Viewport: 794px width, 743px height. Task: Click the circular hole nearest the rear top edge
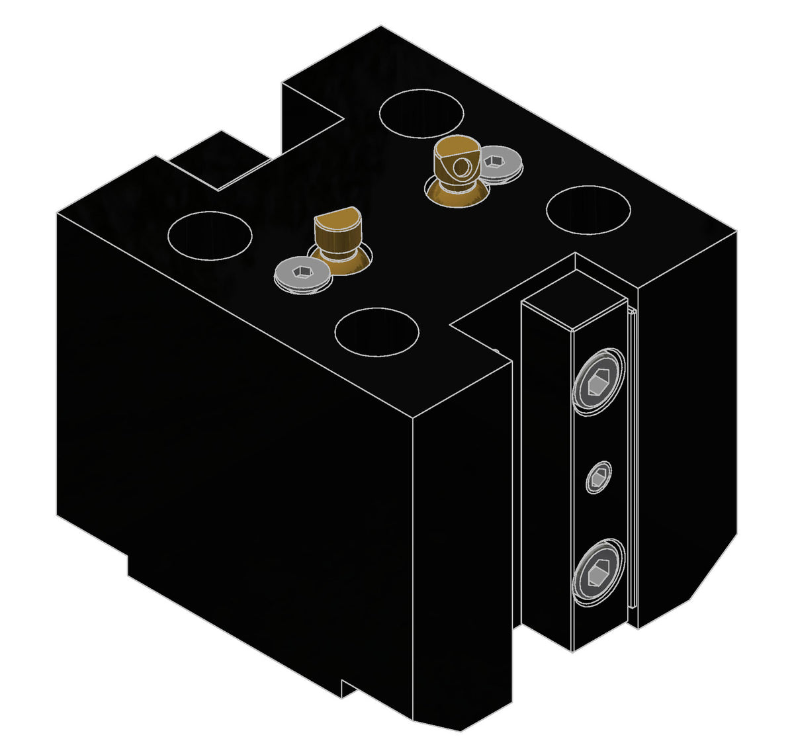(x=421, y=113)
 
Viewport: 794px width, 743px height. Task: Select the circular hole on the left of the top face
(x=210, y=236)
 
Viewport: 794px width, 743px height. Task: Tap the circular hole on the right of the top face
(x=588, y=210)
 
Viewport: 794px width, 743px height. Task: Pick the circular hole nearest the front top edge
(x=376, y=331)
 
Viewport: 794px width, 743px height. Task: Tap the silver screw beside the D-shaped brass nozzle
(x=302, y=273)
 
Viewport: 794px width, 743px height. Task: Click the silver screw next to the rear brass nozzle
(x=500, y=163)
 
